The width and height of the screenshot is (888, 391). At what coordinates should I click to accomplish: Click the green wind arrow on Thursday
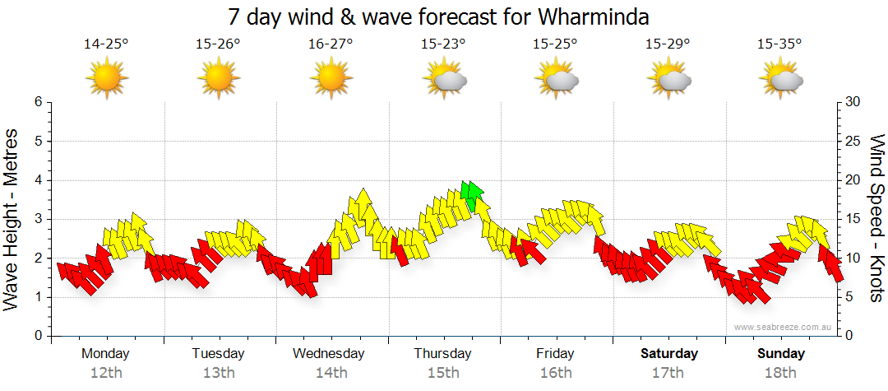(472, 193)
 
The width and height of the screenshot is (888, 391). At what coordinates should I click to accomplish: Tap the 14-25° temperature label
(106, 44)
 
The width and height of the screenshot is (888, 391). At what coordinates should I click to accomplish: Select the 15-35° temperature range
(779, 44)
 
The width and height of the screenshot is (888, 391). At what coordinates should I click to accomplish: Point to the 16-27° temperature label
(331, 44)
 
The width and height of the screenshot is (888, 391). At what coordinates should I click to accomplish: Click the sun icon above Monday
(107, 79)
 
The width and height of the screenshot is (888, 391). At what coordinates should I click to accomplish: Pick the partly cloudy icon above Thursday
(445, 79)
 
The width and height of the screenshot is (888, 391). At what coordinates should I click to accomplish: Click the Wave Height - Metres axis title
(12, 218)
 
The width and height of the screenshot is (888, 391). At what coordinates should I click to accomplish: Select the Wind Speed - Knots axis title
(876, 218)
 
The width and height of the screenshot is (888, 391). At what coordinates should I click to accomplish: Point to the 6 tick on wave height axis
(38, 102)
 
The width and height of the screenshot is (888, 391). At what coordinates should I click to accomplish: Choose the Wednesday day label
(329, 354)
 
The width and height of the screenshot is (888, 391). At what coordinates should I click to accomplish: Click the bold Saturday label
(669, 354)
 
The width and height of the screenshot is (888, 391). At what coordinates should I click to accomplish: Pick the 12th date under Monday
(106, 373)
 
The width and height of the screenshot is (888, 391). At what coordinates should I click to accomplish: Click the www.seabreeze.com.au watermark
(784, 327)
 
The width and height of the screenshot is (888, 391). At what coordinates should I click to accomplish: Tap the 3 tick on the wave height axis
(38, 219)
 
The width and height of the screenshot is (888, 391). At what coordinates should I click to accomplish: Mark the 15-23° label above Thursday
(443, 44)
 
